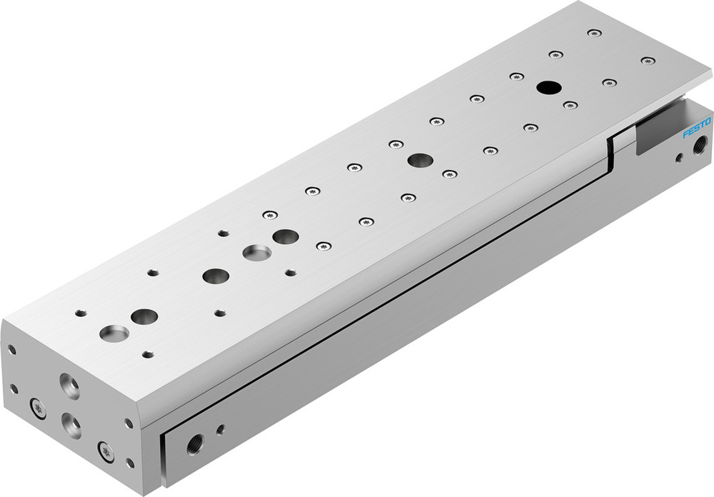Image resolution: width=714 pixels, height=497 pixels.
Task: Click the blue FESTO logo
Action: tap(697, 129)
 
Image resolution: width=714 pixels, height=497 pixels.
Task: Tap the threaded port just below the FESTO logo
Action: tap(697, 150)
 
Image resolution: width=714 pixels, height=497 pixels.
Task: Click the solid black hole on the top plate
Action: tap(548, 87)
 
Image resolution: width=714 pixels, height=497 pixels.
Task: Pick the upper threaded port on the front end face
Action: tap(69, 386)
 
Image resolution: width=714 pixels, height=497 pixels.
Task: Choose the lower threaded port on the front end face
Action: tap(71, 424)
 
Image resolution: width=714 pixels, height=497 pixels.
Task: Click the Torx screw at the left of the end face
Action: tap(37, 408)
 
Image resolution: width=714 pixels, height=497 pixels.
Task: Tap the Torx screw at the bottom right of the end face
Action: tap(107, 451)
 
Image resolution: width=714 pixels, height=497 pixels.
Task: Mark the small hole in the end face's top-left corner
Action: tap(12, 350)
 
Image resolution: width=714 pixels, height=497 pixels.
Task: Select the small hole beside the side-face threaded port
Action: tap(220, 430)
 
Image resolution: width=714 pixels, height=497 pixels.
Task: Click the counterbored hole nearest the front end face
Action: tap(114, 332)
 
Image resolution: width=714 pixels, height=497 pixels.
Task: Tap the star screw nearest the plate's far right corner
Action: tap(647, 61)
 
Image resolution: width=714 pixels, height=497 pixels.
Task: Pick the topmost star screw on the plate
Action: tap(594, 33)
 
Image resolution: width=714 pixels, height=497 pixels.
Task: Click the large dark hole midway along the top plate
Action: tap(419, 160)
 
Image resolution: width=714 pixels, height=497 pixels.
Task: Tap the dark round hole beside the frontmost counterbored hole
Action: tap(144, 316)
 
